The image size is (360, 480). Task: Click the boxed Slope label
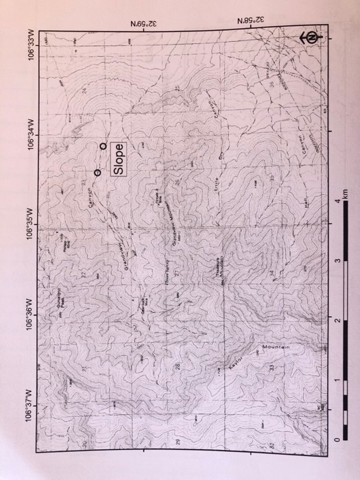(119, 158)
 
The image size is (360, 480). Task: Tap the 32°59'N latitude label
(144, 23)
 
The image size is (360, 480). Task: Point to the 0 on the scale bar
(336, 440)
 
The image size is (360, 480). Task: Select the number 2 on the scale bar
(336, 320)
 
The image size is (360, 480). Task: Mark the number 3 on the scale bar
(336, 260)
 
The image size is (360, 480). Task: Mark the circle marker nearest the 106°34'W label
(103, 146)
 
